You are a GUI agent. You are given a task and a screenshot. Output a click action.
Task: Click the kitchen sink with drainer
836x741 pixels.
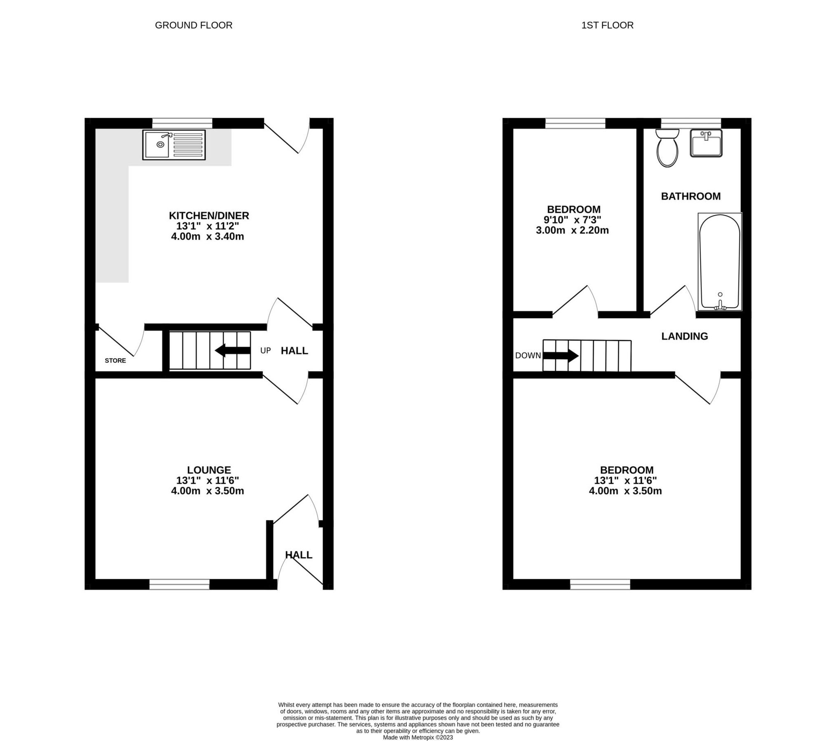pos(174,144)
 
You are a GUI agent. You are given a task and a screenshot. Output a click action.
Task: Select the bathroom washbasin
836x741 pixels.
pos(706,143)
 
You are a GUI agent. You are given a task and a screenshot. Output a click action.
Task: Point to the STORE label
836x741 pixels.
pos(115,361)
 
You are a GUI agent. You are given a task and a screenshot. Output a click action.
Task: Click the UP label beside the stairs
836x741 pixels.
pos(266,351)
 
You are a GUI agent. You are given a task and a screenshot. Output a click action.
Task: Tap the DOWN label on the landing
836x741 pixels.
pos(528,356)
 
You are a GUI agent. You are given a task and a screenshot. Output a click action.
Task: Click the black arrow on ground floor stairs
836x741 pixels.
pos(233,351)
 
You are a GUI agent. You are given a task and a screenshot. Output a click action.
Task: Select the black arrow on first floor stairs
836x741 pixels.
pos(561,356)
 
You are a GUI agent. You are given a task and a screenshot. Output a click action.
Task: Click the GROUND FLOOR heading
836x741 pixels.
pos(194,25)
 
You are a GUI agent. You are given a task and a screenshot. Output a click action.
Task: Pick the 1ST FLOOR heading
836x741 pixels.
pos(607,25)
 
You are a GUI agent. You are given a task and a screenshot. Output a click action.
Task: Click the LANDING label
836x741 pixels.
pos(684,336)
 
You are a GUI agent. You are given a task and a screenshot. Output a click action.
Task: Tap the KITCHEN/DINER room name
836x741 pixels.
pos(209,215)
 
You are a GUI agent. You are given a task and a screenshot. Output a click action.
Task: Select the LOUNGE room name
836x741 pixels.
pos(209,470)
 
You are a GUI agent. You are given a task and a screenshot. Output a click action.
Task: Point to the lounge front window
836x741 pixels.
pos(179,584)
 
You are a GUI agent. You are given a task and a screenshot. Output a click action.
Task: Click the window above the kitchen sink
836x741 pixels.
pos(182,123)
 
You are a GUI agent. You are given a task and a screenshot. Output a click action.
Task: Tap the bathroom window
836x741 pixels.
pos(691,123)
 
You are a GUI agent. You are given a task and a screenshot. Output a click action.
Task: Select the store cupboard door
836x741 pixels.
pos(117,342)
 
